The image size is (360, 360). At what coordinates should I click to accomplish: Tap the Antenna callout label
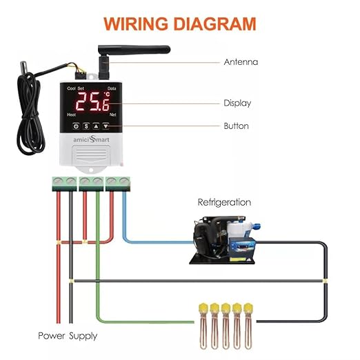241,62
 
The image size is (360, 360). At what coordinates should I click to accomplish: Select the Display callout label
237,103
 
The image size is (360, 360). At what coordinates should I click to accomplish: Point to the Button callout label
236,126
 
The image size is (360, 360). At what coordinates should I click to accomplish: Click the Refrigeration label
224,203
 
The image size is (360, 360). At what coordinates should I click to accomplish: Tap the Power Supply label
68,336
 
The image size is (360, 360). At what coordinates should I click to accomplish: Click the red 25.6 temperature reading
92,103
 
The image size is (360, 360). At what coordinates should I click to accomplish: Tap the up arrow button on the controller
96,126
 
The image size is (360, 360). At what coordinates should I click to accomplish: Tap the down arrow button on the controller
106,126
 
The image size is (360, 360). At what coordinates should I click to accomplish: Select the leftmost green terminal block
63,183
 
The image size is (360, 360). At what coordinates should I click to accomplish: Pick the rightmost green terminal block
117,183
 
